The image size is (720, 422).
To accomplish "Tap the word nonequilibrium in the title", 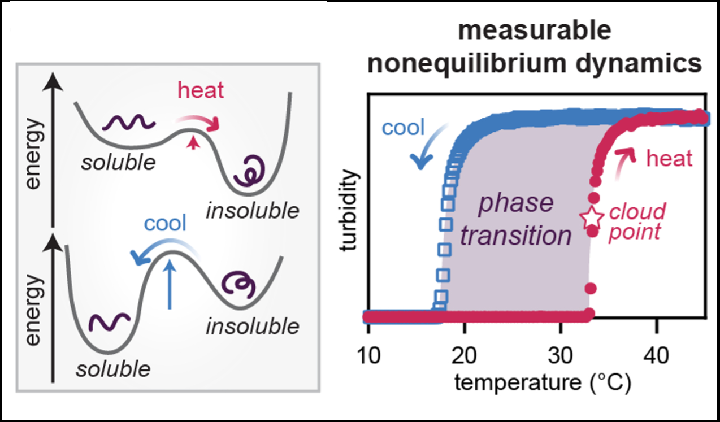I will (461, 65).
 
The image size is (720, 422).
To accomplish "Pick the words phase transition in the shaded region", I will (515, 220).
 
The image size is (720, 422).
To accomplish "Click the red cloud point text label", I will (636, 222).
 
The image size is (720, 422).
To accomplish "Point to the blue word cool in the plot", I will (403, 128).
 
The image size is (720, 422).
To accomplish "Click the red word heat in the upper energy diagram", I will (201, 90).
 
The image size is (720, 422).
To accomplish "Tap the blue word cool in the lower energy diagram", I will (164, 224).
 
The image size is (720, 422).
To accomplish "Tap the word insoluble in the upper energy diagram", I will (251, 211).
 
